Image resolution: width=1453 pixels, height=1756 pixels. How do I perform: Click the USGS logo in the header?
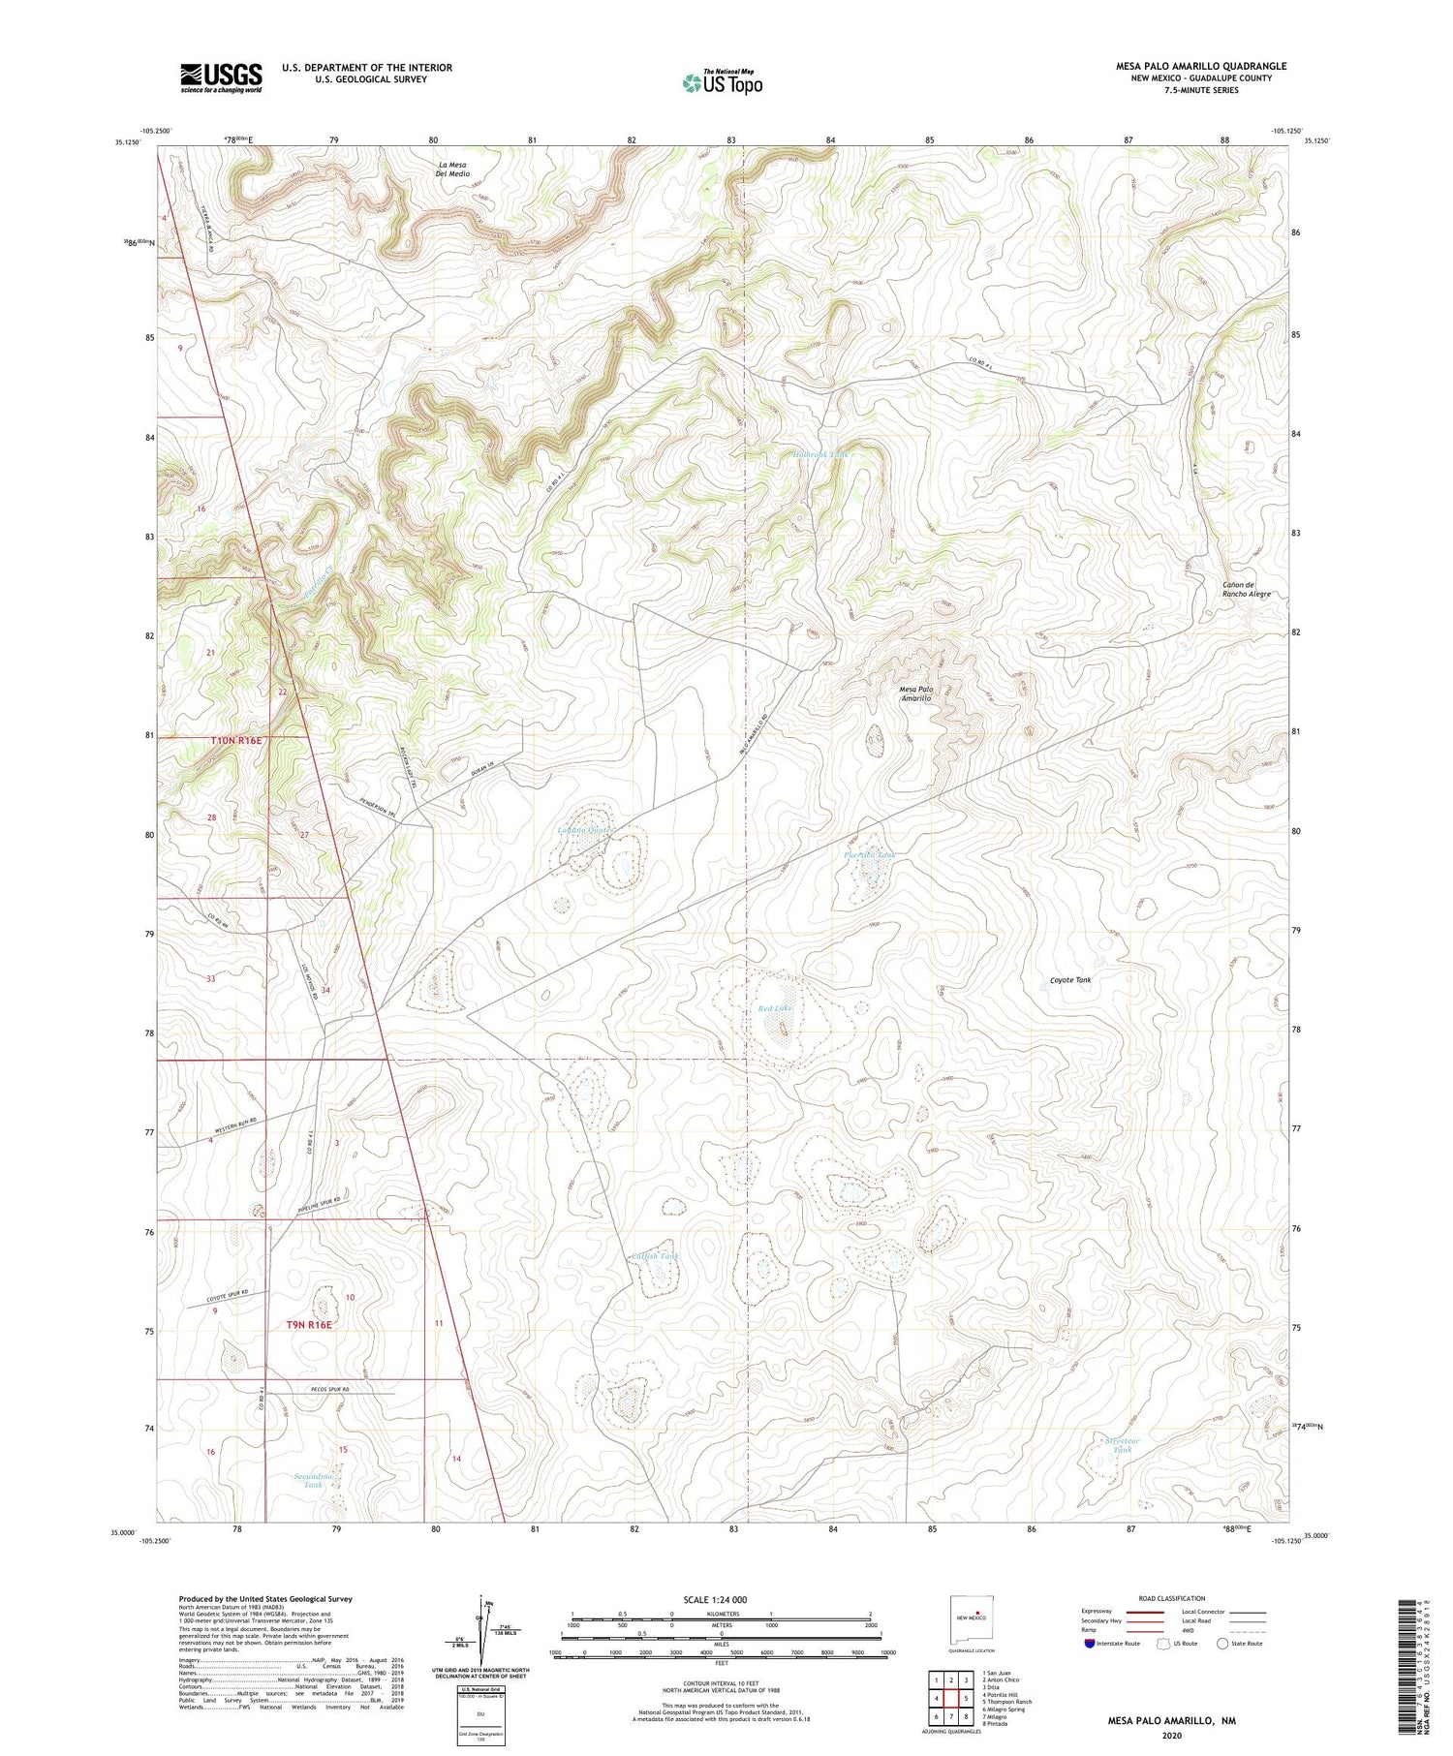click(x=221, y=77)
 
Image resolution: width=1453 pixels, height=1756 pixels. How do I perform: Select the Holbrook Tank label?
click(x=821, y=454)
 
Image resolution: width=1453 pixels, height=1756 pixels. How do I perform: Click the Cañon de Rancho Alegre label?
click(x=1245, y=589)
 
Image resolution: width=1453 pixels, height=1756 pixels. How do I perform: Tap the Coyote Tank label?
click(x=1070, y=980)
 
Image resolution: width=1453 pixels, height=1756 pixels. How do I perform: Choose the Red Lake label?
click(x=776, y=1008)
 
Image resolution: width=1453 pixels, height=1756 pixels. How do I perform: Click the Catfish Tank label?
click(x=655, y=1256)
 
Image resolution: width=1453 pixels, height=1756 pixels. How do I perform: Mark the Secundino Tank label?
click(x=313, y=1480)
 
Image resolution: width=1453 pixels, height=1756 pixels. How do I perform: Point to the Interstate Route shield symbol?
click(x=1090, y=1644)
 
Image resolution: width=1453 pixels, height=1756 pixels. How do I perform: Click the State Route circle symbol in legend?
click(x=1222, y=1644)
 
